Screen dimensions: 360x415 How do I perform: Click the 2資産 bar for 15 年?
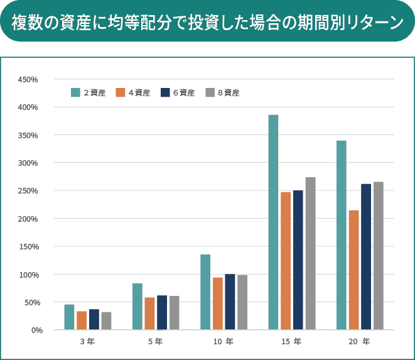273,222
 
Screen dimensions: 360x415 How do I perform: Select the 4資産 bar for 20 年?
354,270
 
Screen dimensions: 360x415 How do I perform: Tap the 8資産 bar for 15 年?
310,253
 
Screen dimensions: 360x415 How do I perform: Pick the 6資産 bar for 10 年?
230,302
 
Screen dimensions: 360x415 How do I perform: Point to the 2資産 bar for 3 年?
69,317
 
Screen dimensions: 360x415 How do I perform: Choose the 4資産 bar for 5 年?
149,314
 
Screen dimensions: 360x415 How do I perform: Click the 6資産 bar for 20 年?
366,257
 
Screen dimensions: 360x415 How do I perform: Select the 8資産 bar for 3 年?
106,321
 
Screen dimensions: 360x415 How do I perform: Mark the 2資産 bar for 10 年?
205,292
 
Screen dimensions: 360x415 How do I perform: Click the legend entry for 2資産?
89,92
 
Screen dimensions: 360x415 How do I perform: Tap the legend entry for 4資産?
133,92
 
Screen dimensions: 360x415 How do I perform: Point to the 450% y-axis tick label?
28,80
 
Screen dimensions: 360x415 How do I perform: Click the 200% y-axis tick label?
28,219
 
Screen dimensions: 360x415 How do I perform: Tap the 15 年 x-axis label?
292,342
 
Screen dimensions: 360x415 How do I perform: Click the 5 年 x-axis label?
155,342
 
